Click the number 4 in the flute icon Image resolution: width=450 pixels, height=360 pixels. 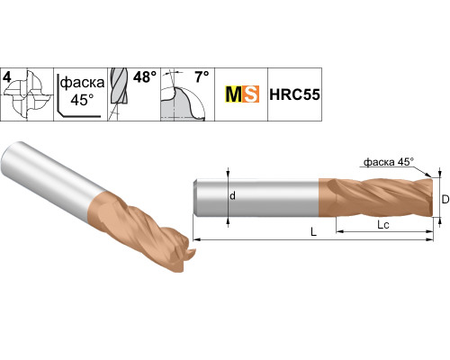[7, 77]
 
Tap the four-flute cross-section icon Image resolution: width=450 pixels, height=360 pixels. [28, 94]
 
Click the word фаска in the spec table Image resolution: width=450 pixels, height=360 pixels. [82, 83]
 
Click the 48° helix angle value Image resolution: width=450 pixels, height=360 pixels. [145, 77]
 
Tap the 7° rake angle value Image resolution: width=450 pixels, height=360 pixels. [202, 76]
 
